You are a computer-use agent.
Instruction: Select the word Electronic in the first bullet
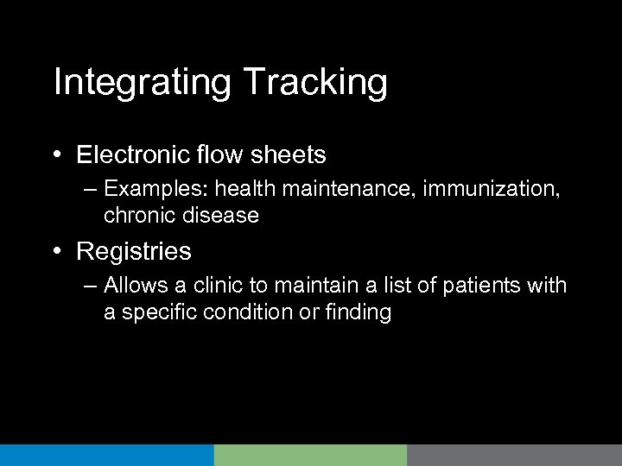coord(127,155)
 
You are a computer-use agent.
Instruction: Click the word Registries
coord(134,252)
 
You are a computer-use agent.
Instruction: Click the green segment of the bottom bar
coord(310,456)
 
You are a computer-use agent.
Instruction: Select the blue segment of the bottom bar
coord(106,456)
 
